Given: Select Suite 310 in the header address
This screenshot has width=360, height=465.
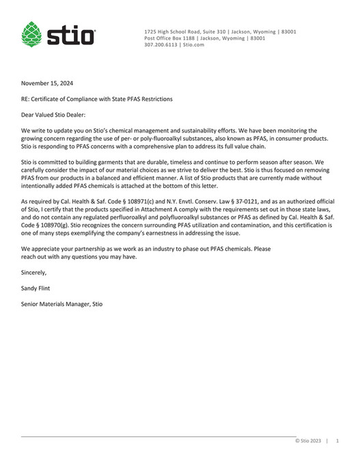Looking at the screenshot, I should click(220, 32).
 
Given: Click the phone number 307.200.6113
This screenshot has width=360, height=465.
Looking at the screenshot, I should click(162, 44).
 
